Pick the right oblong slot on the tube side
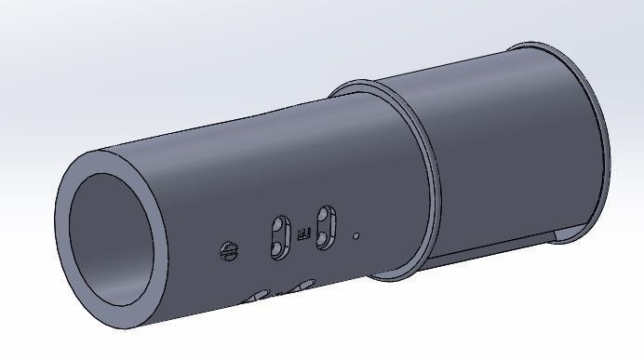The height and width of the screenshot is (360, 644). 325,227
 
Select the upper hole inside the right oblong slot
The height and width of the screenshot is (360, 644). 326,217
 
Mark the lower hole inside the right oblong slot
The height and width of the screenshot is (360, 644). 324,237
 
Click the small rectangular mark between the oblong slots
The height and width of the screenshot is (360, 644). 302,233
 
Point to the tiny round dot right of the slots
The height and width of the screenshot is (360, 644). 356,236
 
